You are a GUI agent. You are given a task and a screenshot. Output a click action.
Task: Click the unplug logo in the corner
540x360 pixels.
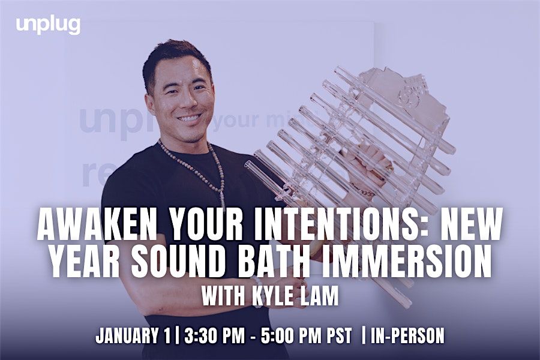click(48, 25)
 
